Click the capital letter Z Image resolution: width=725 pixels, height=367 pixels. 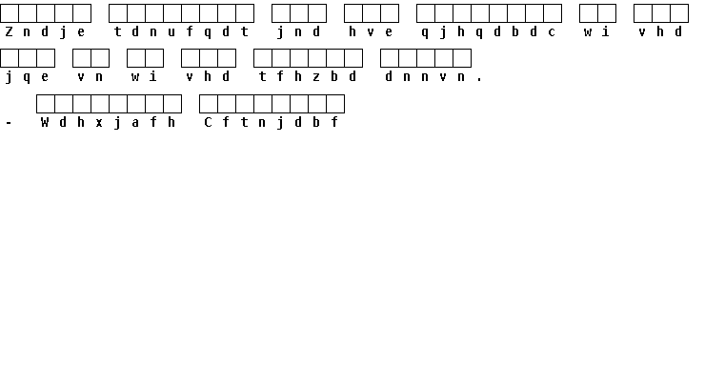(x=9, y=31)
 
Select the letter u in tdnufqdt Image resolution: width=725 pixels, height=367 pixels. (x=171, y=32)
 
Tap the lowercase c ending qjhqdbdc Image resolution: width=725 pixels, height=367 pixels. (x=552, y=32)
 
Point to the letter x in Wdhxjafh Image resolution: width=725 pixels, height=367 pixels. (x=99, y=123)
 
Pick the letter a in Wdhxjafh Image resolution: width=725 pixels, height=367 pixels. (x=135, y=123)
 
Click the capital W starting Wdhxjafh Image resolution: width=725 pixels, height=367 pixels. (x=45, y=122)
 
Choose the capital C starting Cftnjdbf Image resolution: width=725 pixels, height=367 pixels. (x=208, y=122)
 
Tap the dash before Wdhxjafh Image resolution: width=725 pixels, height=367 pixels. (x=9, y=123)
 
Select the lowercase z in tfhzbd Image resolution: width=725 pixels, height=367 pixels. (x=316, y=77)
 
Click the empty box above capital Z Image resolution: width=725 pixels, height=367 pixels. (x=10, y=13)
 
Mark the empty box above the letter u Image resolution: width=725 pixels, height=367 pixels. (x=172, y=13)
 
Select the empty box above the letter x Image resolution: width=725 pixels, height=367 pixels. (x=100, y=104)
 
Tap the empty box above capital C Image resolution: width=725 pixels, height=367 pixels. (x=209, y=104)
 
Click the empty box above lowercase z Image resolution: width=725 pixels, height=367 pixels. (x=317, y=58)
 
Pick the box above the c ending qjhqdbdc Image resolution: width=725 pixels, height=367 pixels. (x=553, y=13)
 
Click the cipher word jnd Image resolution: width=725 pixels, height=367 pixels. (x=298, y=32)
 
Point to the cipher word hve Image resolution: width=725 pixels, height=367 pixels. (x=371, y=31)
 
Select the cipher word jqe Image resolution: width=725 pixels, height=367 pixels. (x=27, y=77)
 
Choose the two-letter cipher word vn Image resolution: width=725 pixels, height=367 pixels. (x=91, y=77)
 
